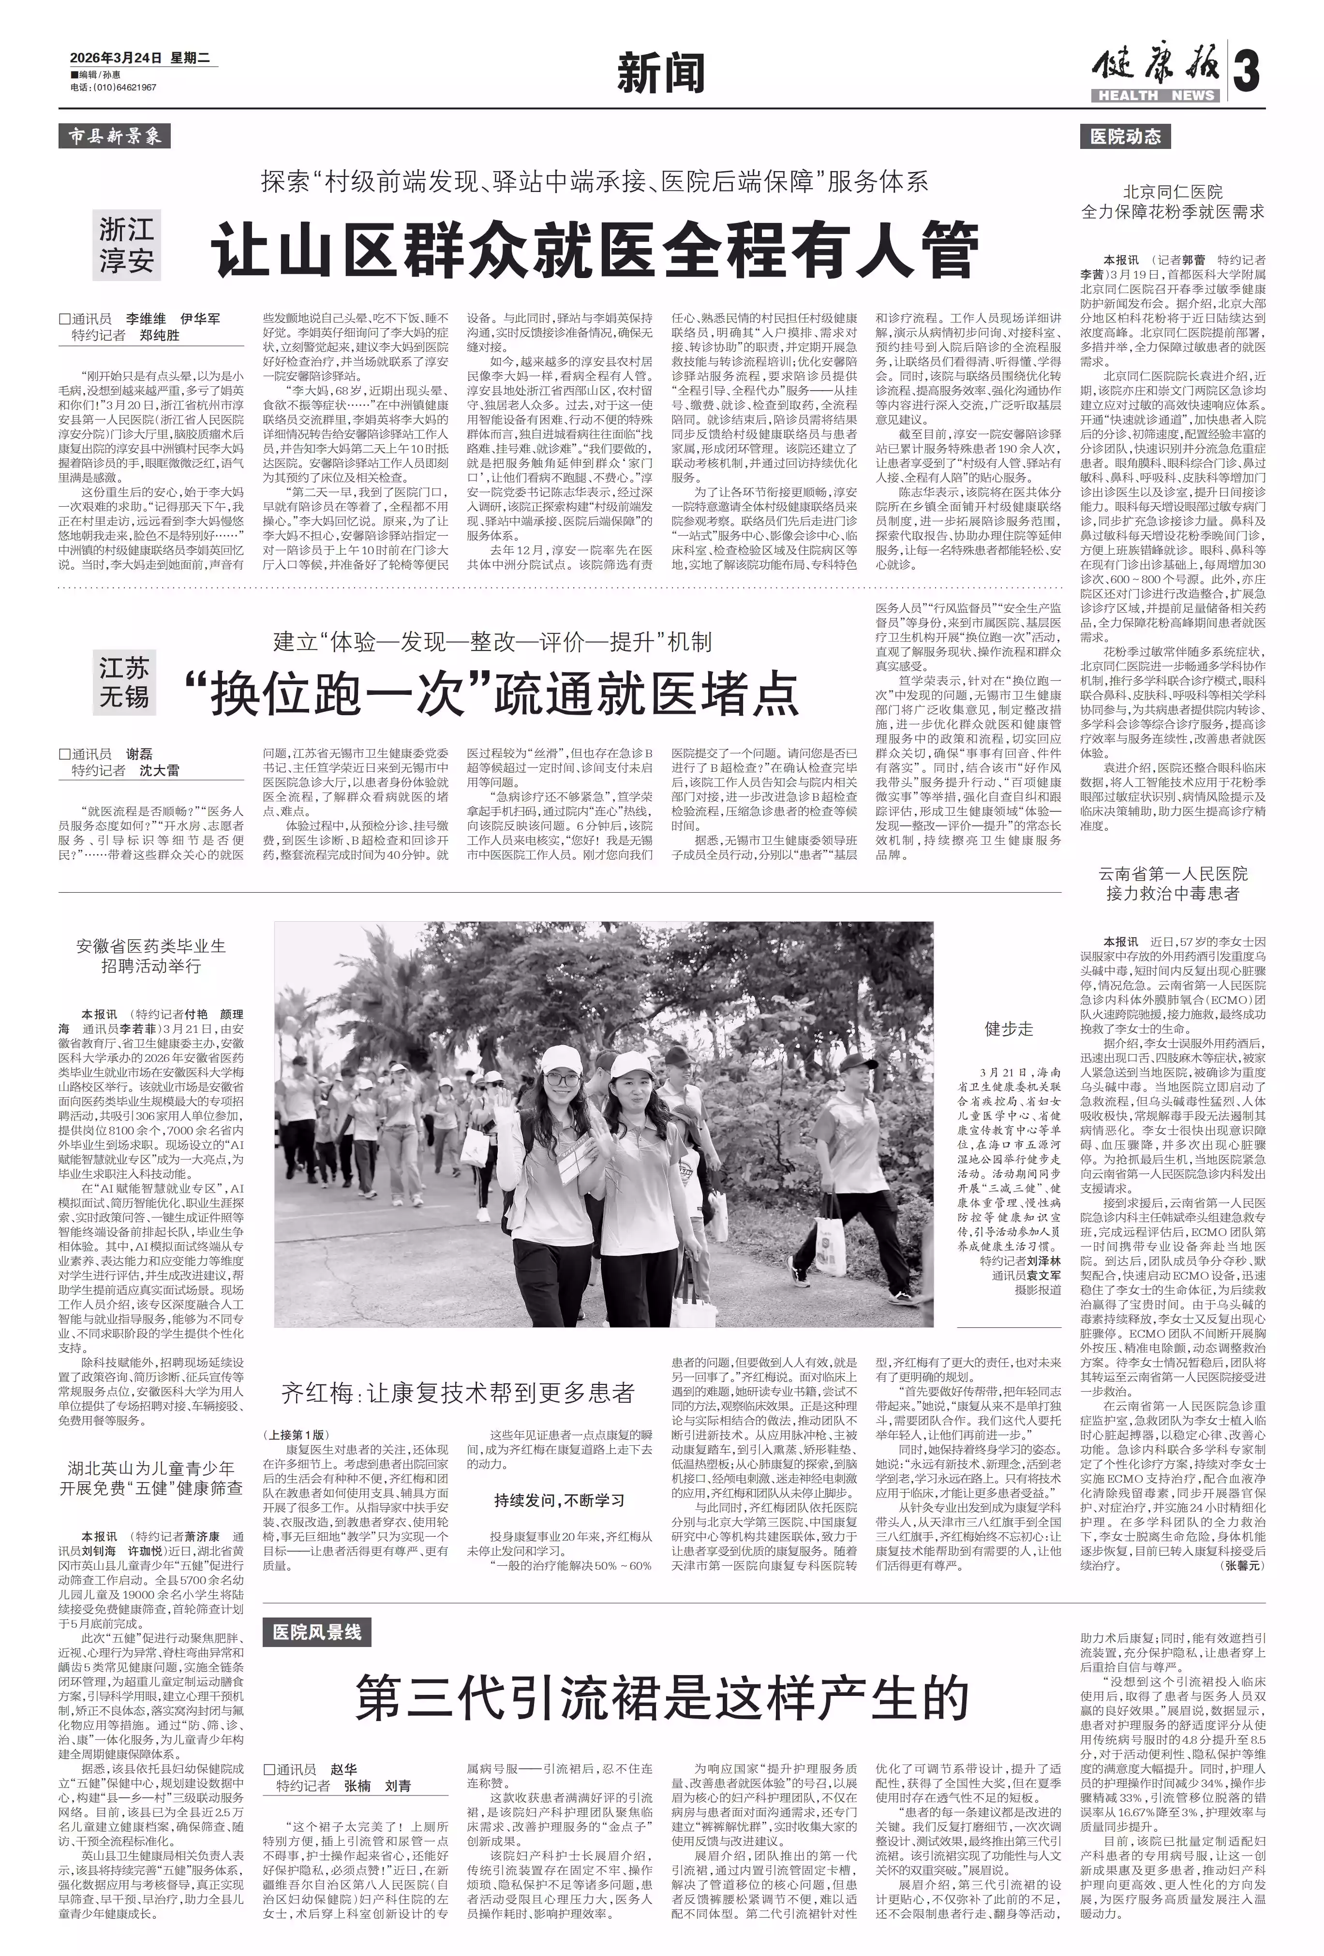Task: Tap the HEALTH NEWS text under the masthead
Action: [x=1156, y=95]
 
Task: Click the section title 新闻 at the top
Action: [x=661, y=73]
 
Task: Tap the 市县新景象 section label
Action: [x=115, y=135]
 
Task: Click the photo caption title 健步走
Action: [x=1009, y=1029]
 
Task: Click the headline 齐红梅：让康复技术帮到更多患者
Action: [x=458, y=1391]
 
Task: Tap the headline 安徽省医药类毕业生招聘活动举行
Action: [x=151, y=956]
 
